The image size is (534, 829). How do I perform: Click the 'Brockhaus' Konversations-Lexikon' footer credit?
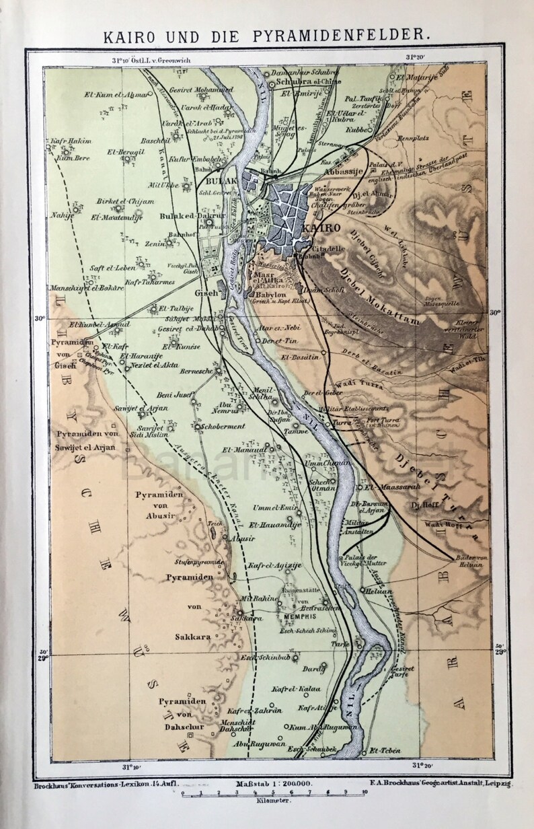[x=100, y=784]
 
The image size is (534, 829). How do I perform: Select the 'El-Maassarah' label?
[x=386, y=486]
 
